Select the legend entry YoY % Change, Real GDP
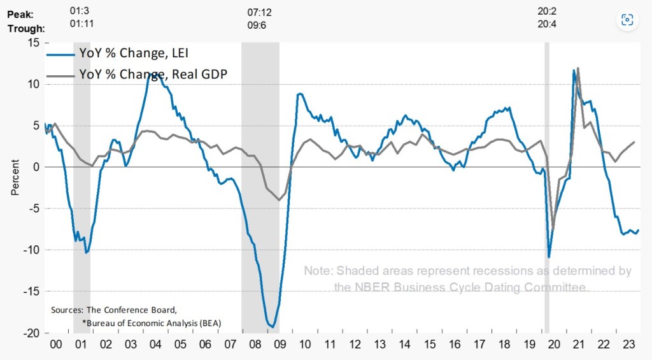(x=153, y=74)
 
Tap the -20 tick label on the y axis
(x=30, y=333)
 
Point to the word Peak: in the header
(x=21, y=14)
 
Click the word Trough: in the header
(x=26, y=29)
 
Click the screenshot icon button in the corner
(x=627, y=20)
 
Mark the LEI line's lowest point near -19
(x=273, y=327)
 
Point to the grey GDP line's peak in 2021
(x=578, y=68)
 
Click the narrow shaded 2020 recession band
(x=547, y=191)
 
